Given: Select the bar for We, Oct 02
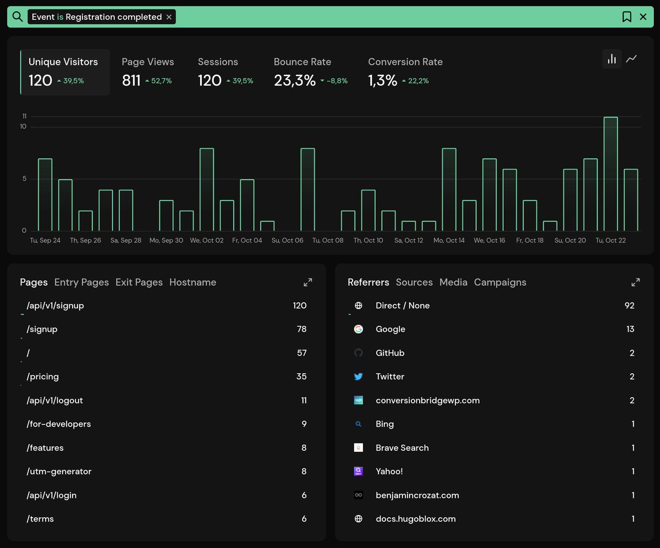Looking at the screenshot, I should (x=207, y=190).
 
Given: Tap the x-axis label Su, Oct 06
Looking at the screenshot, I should (x=287, y=241).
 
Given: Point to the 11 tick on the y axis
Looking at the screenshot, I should (x=24, y=117).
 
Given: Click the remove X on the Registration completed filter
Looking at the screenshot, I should (x=169, y=17).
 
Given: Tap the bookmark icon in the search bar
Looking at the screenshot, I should (x=626, y=17).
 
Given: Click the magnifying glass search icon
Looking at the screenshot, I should (x=18, y=17).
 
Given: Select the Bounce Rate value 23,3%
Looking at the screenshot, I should (x=295, y=81).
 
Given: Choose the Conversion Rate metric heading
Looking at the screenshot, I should (x=405, y=62).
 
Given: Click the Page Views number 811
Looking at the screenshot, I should (x=131, y=81).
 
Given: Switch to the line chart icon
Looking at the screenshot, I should (x=631, y=59).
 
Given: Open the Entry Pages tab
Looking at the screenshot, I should (x=81, y=283).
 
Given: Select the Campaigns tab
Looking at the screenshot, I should (x=500, y=283).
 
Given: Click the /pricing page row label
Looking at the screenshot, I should (x=42, y=377).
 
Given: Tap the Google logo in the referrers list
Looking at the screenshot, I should (x=359, y=329).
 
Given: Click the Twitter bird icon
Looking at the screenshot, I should (x=359, y=377).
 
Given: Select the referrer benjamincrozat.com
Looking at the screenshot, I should (x=417, y=495).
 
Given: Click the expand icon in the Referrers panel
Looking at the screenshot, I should (x=635, y=283).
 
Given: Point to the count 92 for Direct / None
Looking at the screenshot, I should (x=629, y=306).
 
